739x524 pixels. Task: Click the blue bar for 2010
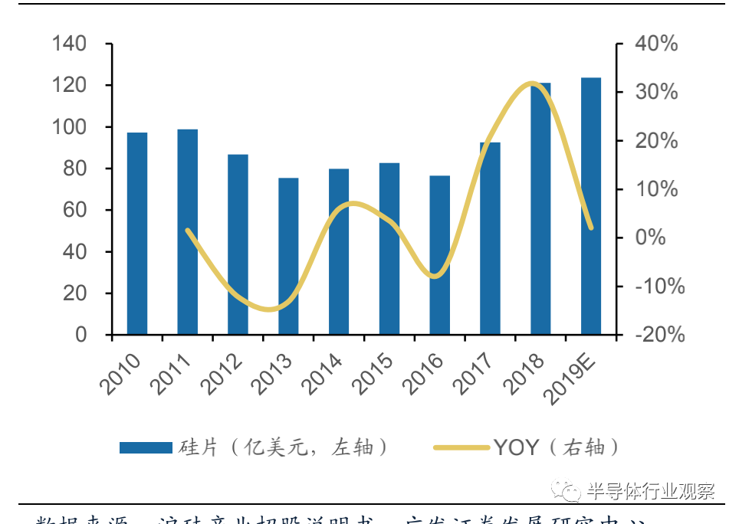pos(137,234)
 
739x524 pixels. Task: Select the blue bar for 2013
pos(288,257)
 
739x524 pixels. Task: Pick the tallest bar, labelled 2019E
pos(590,206)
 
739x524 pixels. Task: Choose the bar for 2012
pos(238,245)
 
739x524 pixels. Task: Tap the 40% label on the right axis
pos(657,44)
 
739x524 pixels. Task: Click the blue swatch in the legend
pos(146,448)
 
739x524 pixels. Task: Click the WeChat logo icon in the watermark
pos(570,490)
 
